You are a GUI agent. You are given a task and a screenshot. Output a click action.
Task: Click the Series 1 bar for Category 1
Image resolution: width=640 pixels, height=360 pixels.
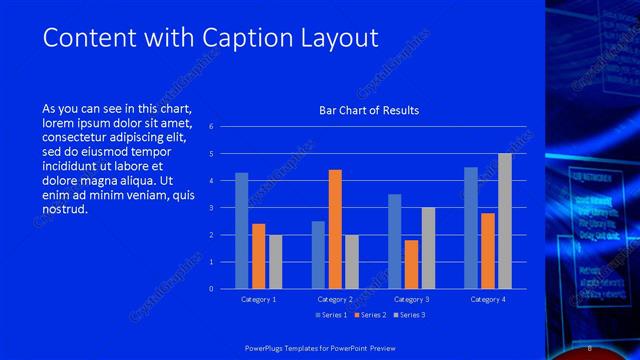[241, 231]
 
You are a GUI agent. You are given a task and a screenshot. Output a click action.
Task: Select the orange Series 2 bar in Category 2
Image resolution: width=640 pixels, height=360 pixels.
[335, 229]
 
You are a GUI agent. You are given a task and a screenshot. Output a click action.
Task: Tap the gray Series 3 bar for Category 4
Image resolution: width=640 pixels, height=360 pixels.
[505, 221]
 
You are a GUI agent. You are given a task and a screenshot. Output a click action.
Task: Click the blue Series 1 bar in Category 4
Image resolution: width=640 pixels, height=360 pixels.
[471, 228]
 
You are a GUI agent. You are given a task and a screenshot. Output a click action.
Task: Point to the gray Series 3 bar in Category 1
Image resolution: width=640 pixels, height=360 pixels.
[275, 262]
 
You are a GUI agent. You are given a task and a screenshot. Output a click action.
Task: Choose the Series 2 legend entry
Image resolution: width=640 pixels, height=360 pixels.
[370, 316]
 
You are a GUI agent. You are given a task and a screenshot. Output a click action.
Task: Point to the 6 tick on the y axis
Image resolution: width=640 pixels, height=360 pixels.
[211, 127]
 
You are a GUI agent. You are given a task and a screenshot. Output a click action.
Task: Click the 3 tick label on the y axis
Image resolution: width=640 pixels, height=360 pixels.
[211, 208]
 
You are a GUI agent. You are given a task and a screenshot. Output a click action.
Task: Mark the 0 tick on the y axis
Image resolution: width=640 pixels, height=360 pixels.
[211, 289]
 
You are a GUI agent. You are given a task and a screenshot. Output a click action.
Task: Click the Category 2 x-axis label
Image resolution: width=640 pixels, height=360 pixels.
[335, 299]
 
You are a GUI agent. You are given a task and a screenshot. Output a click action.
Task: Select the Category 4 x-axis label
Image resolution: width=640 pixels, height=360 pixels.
[488, 299]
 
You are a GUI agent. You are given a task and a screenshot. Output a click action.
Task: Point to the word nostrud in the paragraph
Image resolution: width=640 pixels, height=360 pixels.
[66, 210]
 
